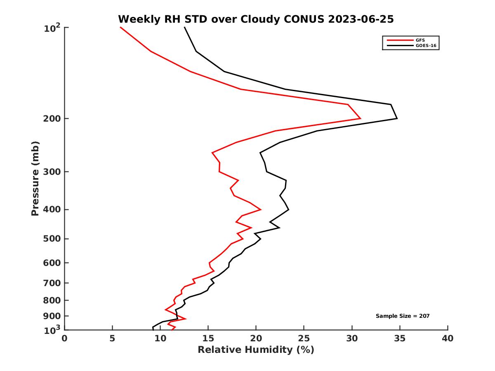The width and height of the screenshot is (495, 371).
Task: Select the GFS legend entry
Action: pyautogui.click(x=420, y=40)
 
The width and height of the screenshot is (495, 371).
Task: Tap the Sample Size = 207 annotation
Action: pyautogui.click(x=403, y=316)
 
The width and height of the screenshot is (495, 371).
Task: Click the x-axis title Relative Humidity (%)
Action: pyautogui.click(x=256, y=350)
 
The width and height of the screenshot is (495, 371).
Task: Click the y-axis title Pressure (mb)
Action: pyautogui.click(x=35, y=178)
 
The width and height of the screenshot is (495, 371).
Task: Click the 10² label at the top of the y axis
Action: pyautogui.click(x=52, y=28)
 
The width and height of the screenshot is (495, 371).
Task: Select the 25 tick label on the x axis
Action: pyautogui.click(x=304, y=339)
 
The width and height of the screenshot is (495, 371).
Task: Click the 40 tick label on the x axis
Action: pyautogui.click(x=448, y=339)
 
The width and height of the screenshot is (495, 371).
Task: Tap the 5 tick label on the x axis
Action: pyautogui.click(x=112, y=339)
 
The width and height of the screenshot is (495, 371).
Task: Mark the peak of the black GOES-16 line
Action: pyautogui.click(x=397, y=119)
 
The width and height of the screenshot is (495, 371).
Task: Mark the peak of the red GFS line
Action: pyautogui.click(x=361, y=119)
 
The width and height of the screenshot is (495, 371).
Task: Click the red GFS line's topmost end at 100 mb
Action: pyautogui.click(x=120, y=27)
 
